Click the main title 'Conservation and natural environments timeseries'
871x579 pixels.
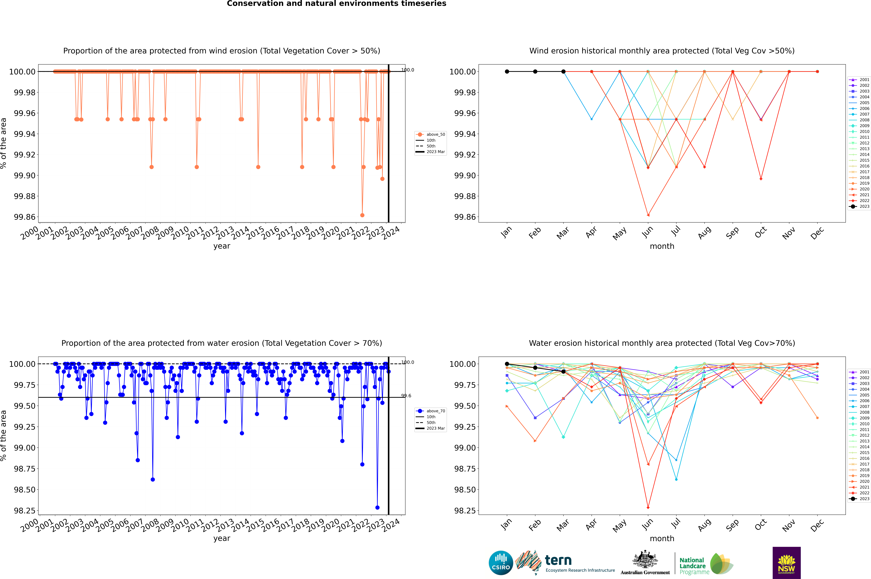(336, 4)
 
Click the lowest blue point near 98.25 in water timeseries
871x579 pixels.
(377, 507)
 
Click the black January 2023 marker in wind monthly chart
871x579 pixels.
(507, 72)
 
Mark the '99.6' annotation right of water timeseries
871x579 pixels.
(406, 396)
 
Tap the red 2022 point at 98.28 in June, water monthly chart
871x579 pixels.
(648, 507)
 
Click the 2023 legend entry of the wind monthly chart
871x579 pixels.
(860, 206)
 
